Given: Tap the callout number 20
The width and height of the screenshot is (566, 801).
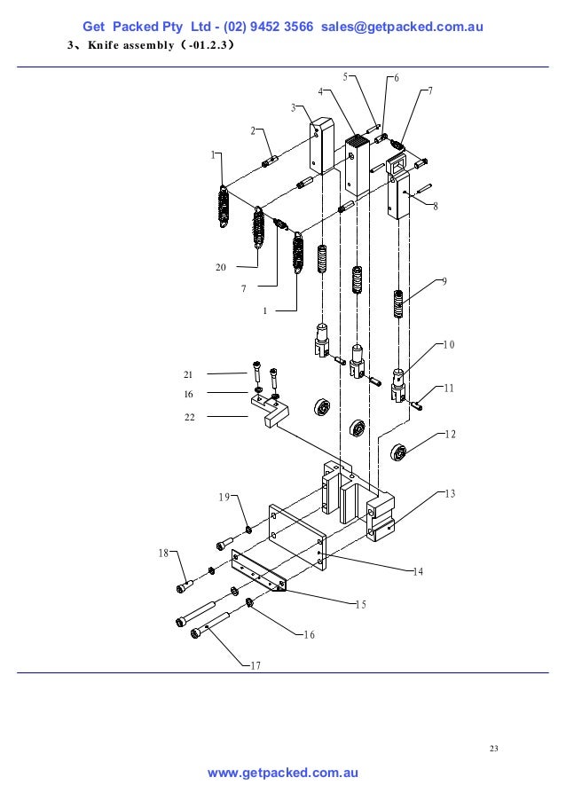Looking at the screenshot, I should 221,266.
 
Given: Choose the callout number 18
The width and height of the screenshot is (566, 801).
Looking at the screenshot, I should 162,553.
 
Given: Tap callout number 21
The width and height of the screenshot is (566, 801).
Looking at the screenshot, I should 189,375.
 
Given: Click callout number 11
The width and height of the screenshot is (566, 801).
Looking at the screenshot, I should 449,388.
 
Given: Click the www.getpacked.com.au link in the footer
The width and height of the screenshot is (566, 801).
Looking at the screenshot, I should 282,774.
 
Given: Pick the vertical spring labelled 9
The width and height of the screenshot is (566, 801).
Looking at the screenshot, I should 400,307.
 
